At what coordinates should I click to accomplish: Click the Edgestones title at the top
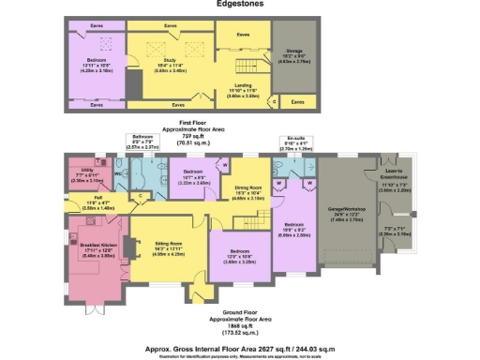coord(240,5)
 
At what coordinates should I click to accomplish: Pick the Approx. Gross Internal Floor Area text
coord(240,345)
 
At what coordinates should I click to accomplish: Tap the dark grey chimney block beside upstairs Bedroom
coord(134,83)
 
